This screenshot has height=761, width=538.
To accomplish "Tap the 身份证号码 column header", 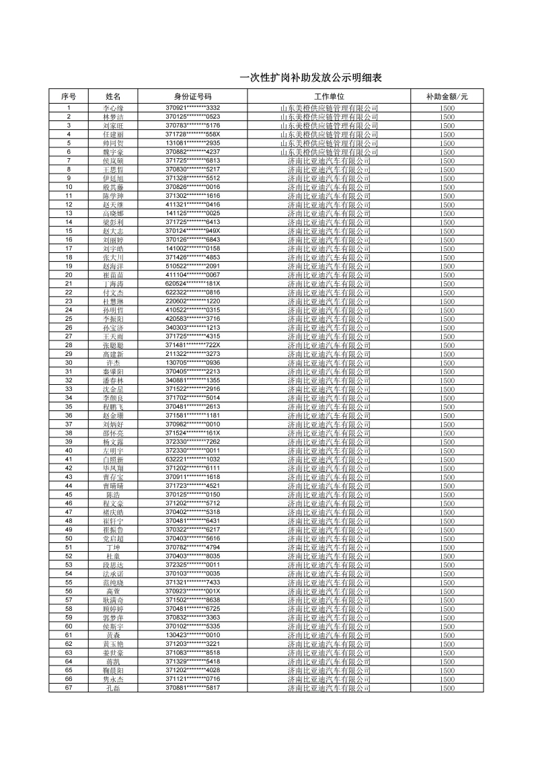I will (x=192, y=97).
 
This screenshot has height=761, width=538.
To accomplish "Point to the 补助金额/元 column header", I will (x=447, y=97).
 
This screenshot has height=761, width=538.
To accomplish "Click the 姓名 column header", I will (x=113, y=97).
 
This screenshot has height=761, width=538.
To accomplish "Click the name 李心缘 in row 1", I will (x=113, y=108).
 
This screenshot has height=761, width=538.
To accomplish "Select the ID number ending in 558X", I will (x=192, y=135).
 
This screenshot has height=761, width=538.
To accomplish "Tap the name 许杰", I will (x=113, y=363).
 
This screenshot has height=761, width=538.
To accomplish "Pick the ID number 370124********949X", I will (x=192, y=231).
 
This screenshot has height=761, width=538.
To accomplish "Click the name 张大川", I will (x=113, y=257).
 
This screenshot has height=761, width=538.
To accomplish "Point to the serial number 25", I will (x=69, y=319).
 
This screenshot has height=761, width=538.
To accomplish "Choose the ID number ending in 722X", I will (x=192, y=345).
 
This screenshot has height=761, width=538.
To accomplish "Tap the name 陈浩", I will (x=113, y=495).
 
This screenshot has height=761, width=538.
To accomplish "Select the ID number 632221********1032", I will (x=192, y=460).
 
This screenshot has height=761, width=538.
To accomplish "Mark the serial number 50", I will (x=69, y=538).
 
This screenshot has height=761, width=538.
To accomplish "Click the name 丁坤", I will (x=113, y=547).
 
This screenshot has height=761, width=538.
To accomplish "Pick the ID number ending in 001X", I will (x=192, y=591).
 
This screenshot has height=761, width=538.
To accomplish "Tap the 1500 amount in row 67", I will (x=447, y=688).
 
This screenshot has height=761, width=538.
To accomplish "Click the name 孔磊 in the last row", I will (x=113, y=688).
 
